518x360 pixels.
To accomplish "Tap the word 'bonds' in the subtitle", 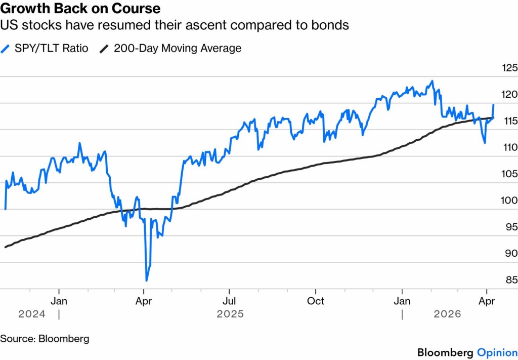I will [332, 24].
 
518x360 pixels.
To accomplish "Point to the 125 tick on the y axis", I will [508, 68].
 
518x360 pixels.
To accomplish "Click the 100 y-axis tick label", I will [508, 201].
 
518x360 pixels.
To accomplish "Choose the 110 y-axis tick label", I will [508, 147].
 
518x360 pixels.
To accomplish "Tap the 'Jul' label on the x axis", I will [229, 301].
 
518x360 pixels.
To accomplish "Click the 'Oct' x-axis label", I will [316, 301].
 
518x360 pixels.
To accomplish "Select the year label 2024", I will [31, 314].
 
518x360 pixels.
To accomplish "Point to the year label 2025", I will [230, 314].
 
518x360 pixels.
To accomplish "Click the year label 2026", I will [447, 314].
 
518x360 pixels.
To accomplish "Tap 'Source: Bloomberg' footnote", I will [44, 338].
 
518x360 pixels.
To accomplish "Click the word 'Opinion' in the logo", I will [497, 352].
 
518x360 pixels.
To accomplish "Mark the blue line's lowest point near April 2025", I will [147, 280].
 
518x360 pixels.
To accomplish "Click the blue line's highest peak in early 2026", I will [431, 81].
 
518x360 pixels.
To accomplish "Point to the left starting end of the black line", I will [5, 247].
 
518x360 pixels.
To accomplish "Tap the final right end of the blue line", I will [493, 104].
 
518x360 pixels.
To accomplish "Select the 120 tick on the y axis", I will [508, 94].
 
